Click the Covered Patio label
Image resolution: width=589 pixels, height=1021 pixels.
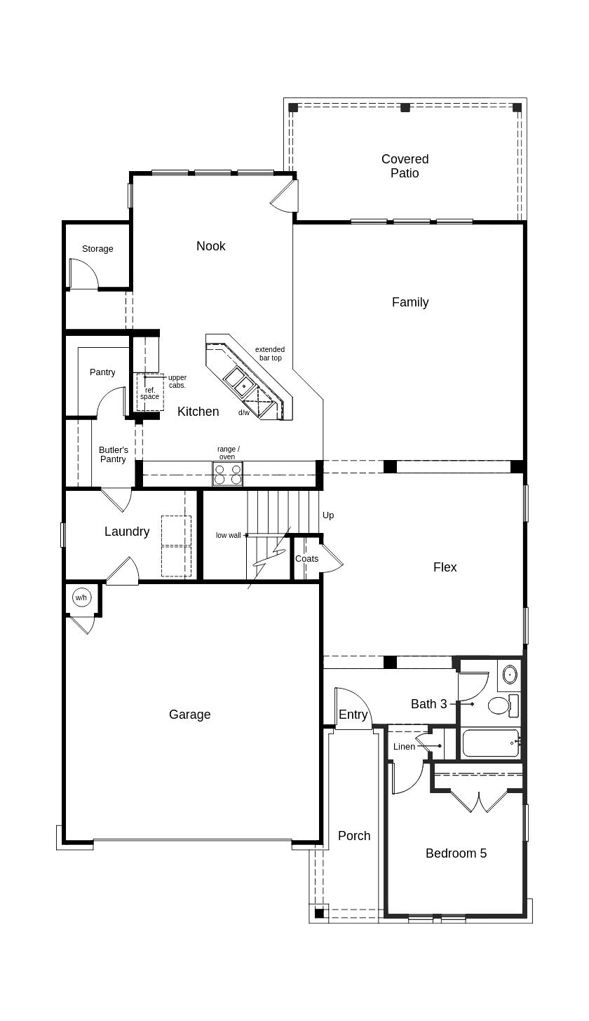pos(405,166)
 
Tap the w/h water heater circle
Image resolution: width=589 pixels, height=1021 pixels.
pos(81,598)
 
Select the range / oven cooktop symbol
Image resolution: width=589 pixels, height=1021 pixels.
pos(227,475)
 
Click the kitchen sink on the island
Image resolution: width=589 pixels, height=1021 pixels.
pos(239,382)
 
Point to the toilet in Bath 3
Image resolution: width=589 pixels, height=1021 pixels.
pos(500,705)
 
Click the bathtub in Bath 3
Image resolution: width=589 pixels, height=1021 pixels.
pos(491,743)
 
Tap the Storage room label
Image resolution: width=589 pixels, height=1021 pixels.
pos(97,249)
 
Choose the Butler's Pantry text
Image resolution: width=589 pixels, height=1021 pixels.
pos(113,454)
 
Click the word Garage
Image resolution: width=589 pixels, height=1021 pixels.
pos(189,715)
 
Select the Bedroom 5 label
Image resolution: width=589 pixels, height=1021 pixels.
pos(456,853)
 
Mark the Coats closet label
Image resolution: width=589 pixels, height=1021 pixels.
pos(306,559)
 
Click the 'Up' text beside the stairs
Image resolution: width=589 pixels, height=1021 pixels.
pos(328,515)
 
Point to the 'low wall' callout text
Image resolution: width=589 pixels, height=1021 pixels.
pos(228,536)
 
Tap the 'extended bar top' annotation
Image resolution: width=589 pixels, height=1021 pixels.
pos(270,353)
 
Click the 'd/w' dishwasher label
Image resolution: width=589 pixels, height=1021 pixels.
pos(243,413)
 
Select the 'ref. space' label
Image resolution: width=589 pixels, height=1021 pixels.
pos(149,393)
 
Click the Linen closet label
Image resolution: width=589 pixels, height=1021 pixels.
pos(404,747)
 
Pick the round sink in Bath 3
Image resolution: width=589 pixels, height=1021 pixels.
pos(510,675)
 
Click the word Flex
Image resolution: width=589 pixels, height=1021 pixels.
pos(445,567)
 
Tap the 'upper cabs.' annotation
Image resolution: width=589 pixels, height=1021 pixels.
pos(177,381)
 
